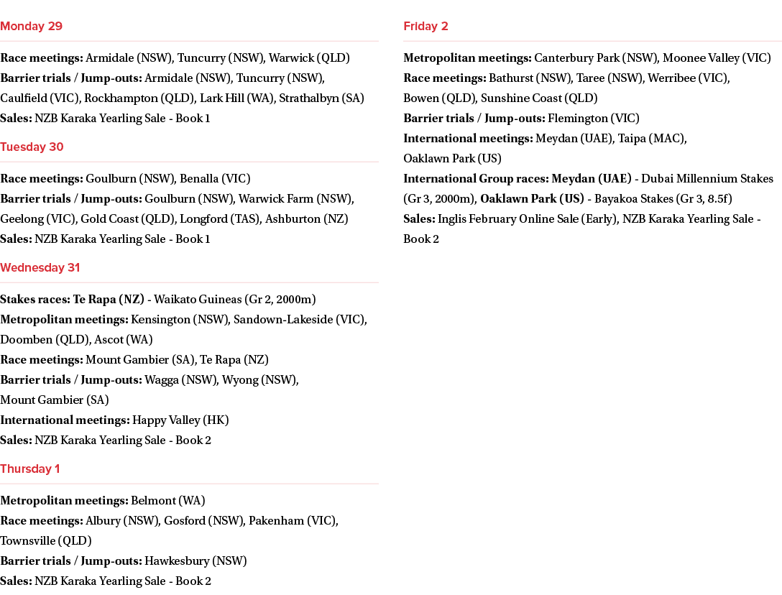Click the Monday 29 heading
pos(31,26)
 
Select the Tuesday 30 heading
pos(32,147)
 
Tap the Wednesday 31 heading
pos(40,267)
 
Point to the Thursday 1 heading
pos(30,469)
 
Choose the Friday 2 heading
pos(426,26)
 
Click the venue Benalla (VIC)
pos(215,178)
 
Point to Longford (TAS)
pos(221,219)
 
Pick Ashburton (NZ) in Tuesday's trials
pos(307,219)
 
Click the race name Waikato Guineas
pos(198,299)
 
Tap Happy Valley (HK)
pos(180,420)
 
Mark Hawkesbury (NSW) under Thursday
pos(195,561)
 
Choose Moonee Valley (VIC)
pos(717,58)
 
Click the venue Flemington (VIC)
pos(594,118)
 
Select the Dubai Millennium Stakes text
pos(707,178)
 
